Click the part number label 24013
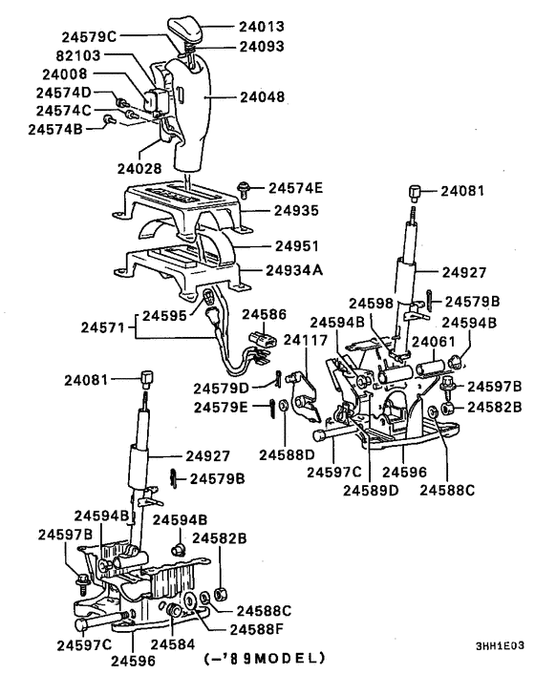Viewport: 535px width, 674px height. point(262,27)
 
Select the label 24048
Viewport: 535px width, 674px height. point(262,97)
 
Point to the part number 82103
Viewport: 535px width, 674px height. point(78,55)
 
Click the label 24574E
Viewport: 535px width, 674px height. point(295,188)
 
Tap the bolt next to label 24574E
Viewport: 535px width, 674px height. point(244,189)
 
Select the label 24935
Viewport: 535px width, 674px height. point(297,211)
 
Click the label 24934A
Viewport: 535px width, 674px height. point(294,270)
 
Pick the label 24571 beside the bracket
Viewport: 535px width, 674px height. point(102,328)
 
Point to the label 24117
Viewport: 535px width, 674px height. point(306,340)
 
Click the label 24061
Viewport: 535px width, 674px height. point(433,342)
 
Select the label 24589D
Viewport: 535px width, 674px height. point(371,491)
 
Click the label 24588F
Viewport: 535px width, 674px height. point(257,629)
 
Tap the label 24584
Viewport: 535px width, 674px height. point(173,643)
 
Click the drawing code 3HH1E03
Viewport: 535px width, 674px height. point(500,646)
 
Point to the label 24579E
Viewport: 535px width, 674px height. point(221,407)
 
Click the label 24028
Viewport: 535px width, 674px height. point(139,168)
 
